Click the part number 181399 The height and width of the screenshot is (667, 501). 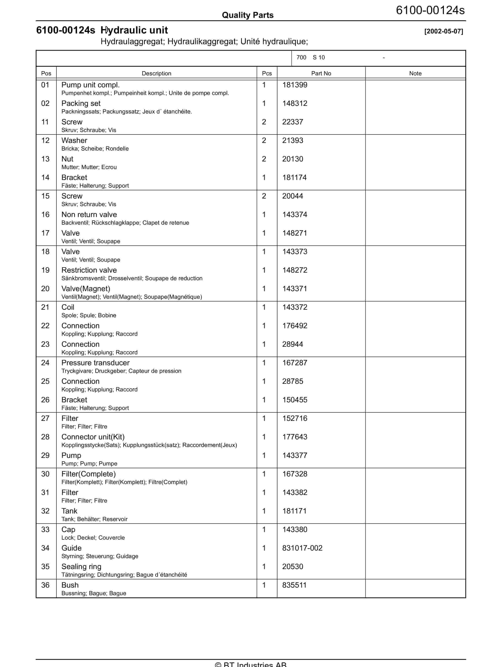pos(294,85)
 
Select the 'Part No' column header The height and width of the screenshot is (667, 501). pos(321,73)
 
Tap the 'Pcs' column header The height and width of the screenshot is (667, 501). pos(267,73)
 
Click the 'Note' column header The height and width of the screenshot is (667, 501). pos(415,73)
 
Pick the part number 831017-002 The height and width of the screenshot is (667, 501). pos(302,548)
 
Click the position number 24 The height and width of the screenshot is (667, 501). pos(45,363)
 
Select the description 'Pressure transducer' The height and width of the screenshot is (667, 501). pos(95,363)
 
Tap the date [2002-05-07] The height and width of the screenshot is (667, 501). pos(443,31)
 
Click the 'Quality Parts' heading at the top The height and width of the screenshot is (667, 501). pos(248,15)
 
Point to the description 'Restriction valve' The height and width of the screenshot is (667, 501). pos(89,270)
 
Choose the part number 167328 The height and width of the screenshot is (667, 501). pos(294,474)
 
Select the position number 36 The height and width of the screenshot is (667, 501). pos(45,585)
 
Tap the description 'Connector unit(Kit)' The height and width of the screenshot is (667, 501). pos(93,437)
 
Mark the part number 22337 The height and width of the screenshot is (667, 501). pos(292,122)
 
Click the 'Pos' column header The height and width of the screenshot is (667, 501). pos(46,73)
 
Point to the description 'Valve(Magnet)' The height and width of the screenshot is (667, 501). pos(86,289)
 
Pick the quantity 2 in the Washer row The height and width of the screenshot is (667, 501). pos(264,140)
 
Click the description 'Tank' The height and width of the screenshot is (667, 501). pos(69,511)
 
